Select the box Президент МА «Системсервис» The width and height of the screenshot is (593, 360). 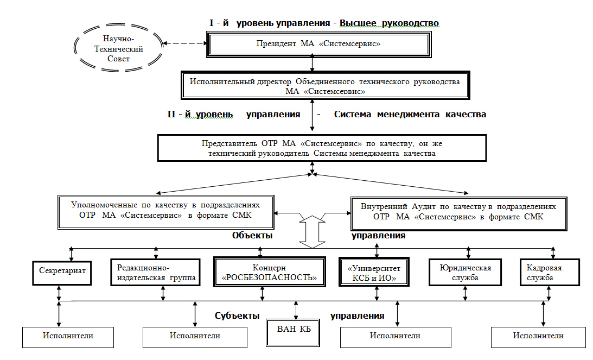[318, 45]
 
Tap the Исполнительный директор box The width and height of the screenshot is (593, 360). [325, 86]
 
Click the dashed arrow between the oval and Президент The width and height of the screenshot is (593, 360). [185, 43]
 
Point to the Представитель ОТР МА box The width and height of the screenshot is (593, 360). [322, 148]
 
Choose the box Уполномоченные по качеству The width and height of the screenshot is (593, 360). [165, 212]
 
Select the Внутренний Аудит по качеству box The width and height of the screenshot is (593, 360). [459, 213]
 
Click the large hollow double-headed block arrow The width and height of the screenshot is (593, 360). [313, 232]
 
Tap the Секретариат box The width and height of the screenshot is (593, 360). [62, 273]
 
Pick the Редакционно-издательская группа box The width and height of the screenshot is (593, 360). [155, 273]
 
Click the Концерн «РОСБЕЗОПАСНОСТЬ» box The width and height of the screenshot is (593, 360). [270, 272]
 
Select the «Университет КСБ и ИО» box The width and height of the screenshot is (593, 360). [374, 272]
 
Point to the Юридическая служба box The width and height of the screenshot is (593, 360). [465, 272]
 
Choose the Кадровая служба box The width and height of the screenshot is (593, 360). [550, 272]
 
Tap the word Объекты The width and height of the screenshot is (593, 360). [252, 235]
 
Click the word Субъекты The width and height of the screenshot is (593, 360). [237, 315]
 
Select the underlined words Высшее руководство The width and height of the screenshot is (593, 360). [389, 23]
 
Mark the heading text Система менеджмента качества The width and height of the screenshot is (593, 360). [410, 115]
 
